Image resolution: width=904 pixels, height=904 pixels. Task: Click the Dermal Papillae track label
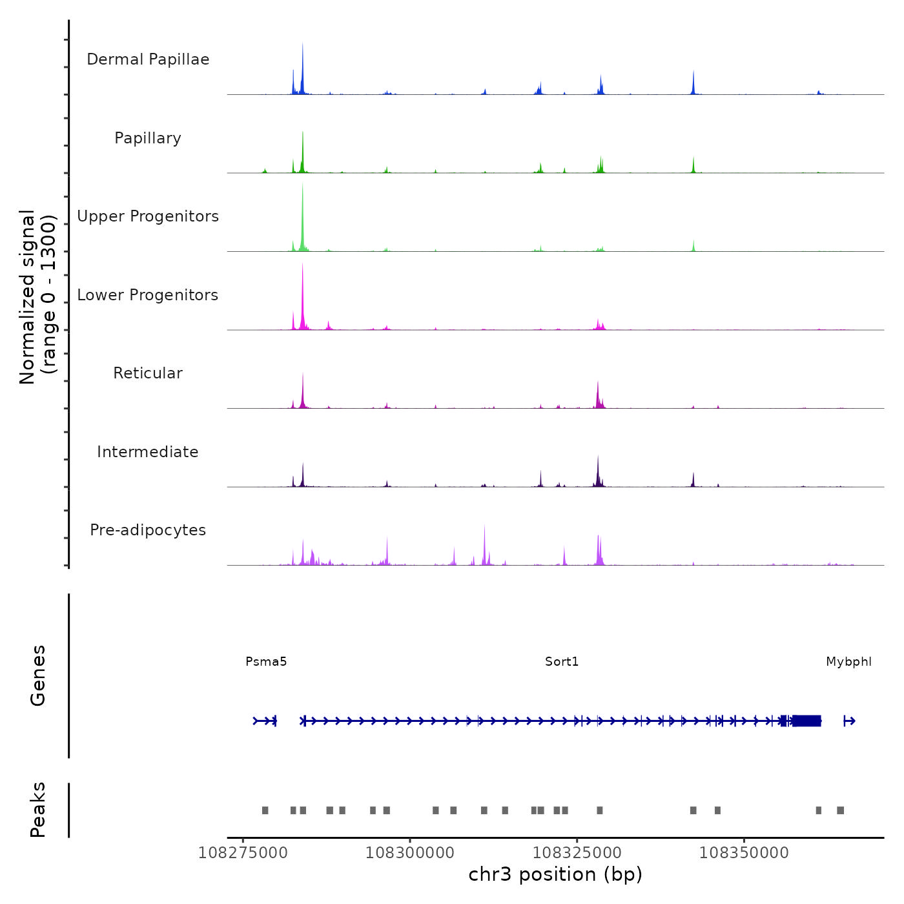(x=148, y=59)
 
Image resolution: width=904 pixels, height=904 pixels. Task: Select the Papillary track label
(x=148, y=138)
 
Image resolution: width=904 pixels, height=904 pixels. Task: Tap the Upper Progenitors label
(x=148, y=216)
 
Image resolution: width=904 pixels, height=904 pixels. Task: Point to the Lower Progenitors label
(x=148, y=295)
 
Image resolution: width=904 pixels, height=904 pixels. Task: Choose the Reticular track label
(x=148, y=373)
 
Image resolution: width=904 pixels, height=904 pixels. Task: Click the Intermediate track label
(x=148, y=452)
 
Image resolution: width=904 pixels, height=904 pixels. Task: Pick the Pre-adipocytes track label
(x=148, y=530)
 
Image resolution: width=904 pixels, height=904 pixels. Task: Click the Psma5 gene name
(x=266, y=662)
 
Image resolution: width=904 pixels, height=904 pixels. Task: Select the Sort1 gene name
(x=562, y=662)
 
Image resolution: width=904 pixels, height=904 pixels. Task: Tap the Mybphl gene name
(x=848, y=662)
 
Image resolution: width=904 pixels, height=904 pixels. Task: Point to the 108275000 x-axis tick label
(x=243, y=853)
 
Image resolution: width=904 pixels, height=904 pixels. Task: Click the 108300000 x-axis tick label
(x=410, y=853)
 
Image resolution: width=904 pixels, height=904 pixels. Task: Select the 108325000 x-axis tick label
(x=577, y=853)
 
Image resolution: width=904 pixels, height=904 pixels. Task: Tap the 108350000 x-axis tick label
(x=744, y=853)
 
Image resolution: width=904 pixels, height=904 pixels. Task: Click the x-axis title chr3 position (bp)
(x=555, y=874)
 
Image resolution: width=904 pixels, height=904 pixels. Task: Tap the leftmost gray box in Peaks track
(x=265, y=810)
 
